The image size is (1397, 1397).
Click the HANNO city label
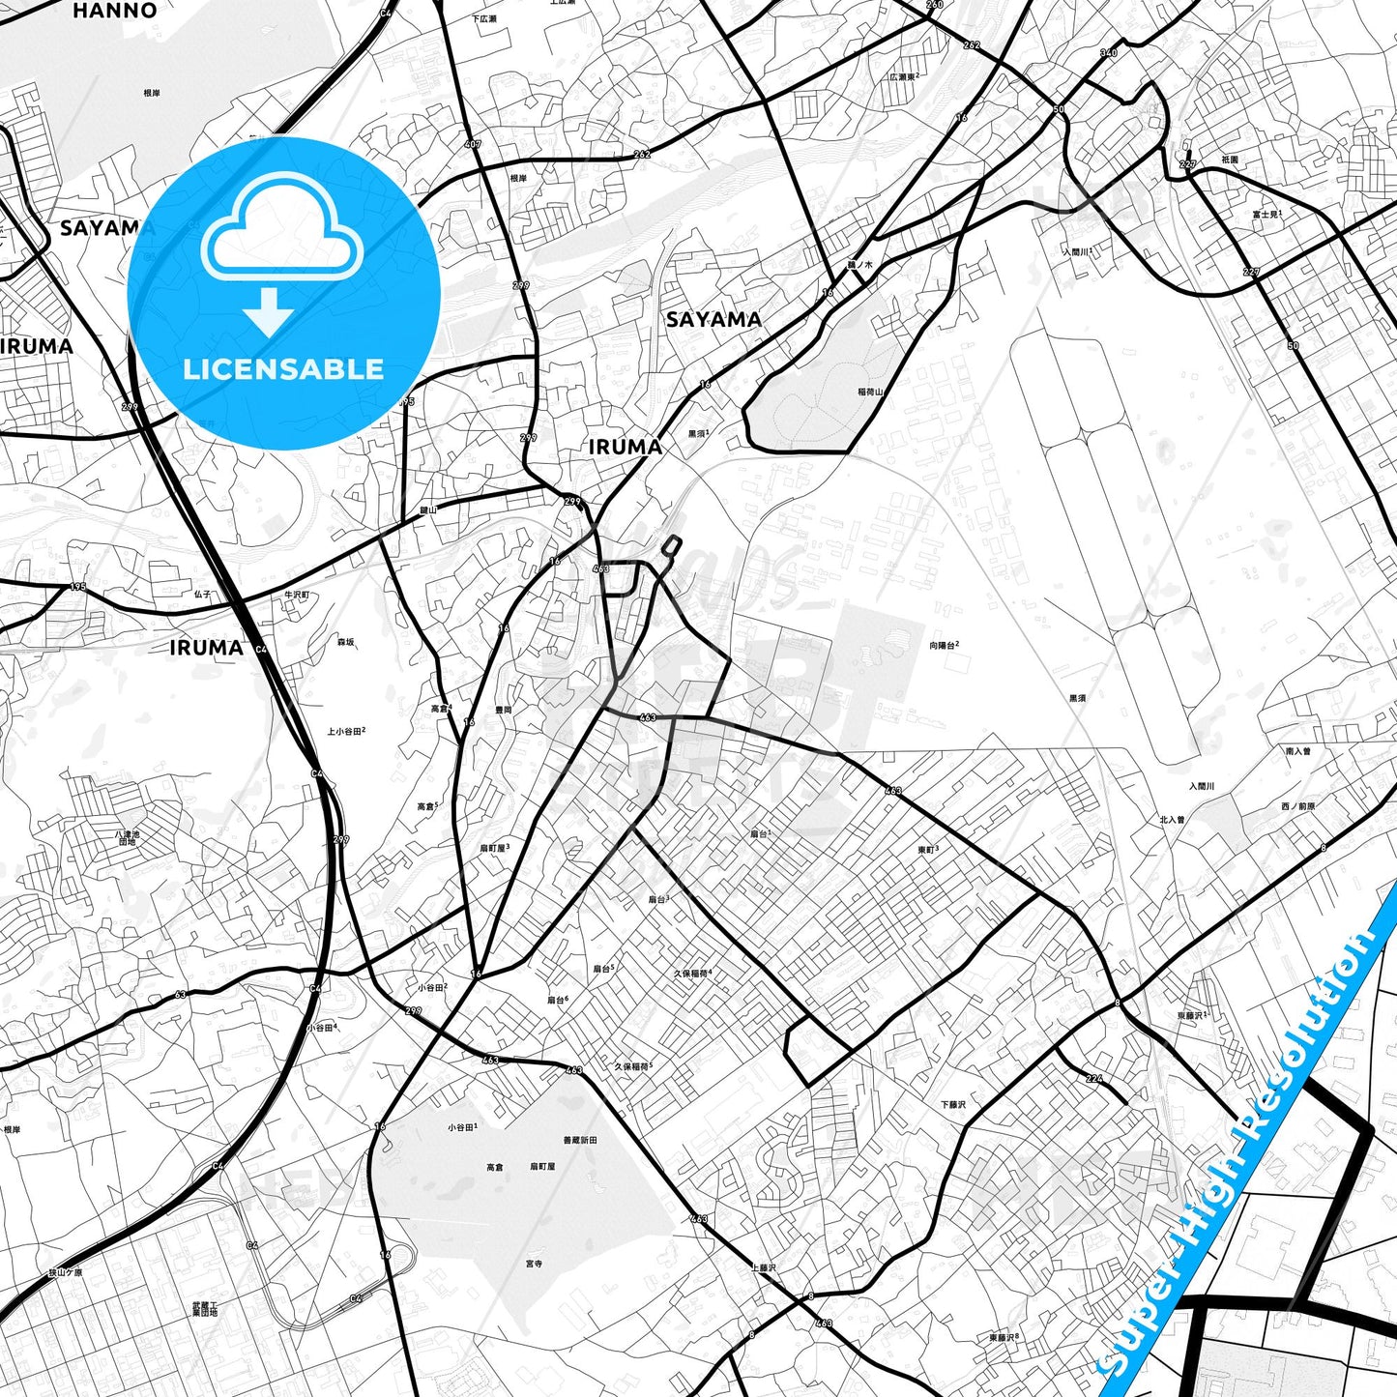[x=114, y=11]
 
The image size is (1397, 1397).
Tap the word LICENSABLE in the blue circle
[x=283, y=369]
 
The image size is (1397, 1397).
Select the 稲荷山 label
[x=870, y=393]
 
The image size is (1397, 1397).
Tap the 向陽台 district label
[x=944, y=645]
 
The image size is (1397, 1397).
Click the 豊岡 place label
[x=504, y=710]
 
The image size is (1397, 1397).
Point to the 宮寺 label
[x=534, y=1264]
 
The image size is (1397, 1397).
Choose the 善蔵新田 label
[x=580, y=1141]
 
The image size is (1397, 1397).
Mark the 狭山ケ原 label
[x=66, y=1272]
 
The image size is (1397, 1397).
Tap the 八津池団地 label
[x=128, y=837]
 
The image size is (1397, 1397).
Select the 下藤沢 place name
[x=953, y=1104]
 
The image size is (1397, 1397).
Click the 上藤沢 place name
[x=763, y=1267]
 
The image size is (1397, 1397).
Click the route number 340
[x=1109, y=53]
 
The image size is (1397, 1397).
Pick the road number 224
[x=1093, y=1078]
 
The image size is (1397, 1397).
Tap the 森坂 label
[x=345, y=642]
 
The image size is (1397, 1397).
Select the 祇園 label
[x=1229, y=160]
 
